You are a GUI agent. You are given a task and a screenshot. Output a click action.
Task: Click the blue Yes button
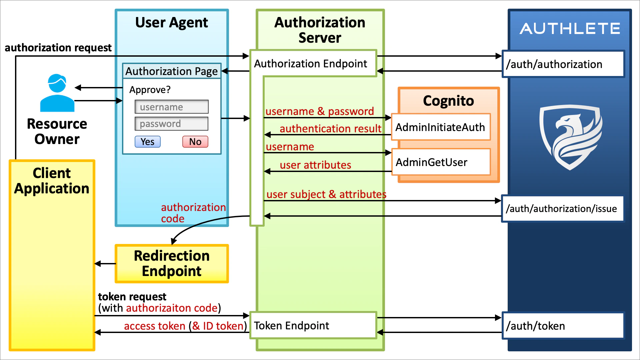(147, 142)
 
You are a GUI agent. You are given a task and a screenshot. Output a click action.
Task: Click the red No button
(195, 142)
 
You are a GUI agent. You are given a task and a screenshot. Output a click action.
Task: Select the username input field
(171, 107)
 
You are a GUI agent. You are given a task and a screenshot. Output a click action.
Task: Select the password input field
(171, 124)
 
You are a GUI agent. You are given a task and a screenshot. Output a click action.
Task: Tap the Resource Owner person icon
(57, 93)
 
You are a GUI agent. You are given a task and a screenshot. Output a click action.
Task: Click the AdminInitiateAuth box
(440, 127)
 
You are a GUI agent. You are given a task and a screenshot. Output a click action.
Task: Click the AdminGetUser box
(440, 162)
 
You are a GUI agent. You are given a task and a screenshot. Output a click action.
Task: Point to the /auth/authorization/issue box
(562, 209)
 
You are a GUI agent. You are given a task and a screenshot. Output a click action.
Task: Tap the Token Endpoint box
(313, 325)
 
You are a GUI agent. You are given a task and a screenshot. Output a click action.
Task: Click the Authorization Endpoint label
(310, 63)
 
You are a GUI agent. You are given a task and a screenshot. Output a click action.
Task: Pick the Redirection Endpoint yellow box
(171, 263)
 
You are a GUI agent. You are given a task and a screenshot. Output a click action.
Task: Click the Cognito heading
(448, 101)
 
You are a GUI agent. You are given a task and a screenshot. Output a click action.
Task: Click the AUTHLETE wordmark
(570, 29)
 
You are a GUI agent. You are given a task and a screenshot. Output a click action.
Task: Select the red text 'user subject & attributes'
(326, 194)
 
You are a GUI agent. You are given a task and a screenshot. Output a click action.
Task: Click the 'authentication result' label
(330, 128)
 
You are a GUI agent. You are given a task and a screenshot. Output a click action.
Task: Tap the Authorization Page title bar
(171, 71)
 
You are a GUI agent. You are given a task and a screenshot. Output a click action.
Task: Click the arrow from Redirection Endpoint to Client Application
(105, 264)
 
